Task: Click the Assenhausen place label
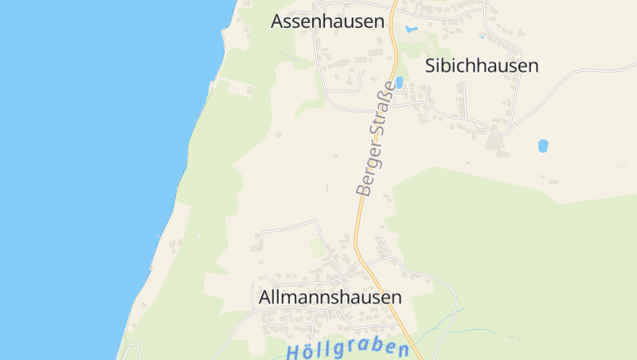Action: click(x=327, y=22)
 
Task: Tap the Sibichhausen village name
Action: click(x=482, y=65)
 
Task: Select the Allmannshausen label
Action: click(x=330, y=297)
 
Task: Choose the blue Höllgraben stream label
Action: click(x=347, y=350)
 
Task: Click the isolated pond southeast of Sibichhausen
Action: click(x=543, y=146)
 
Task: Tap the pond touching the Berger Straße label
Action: click(x=400, y=81)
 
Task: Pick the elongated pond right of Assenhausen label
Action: click(x=412, y=29)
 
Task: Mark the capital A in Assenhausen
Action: click(x=277, y=22)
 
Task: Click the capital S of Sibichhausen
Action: click(x=431, y=65)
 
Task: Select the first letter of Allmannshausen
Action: click(x=265, y=297)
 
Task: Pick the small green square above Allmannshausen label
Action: click(x=318, y=248)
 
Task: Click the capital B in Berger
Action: click(x=363, y=190)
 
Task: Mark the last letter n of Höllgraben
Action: click(x=404, y=350)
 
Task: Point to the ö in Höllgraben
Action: click(x=307, y=350)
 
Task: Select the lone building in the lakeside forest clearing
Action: click(x=250, y=90)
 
